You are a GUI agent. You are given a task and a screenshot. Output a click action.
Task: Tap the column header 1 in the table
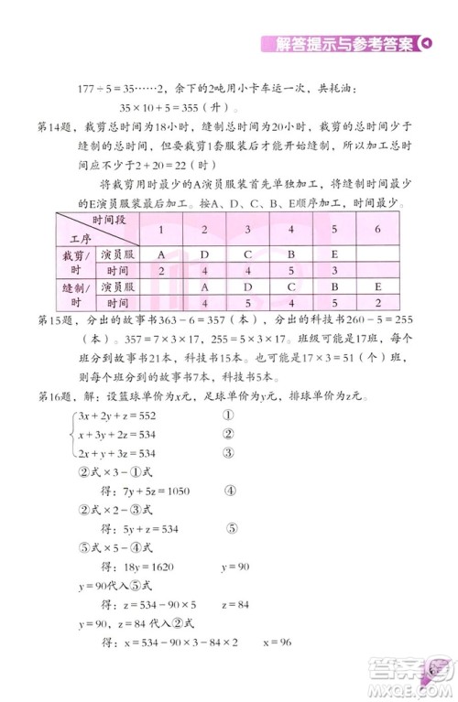(x=161, y=229)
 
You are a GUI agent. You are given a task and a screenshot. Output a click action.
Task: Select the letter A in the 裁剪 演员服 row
(x=161, y=254)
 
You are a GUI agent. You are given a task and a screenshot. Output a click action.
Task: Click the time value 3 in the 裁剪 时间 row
(x=334, y=270)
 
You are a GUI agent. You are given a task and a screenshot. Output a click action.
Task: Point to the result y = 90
(x=236, y=567)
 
